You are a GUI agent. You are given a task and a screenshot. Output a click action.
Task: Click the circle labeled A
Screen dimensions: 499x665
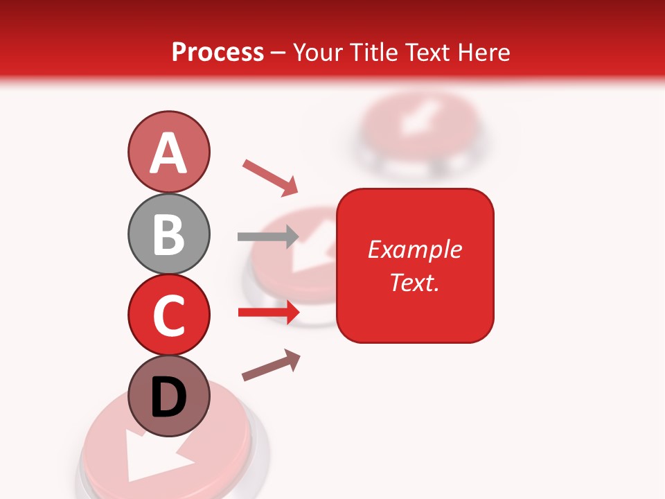click(168, 152)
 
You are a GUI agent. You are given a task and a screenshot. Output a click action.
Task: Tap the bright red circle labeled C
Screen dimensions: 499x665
click(168, 315)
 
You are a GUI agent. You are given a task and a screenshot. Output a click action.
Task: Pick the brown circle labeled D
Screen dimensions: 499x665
click(168, 396)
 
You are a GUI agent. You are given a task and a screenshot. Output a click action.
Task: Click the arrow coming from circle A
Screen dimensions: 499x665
click(270, 177)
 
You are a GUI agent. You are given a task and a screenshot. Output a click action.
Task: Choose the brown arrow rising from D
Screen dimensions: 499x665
click(271, 365)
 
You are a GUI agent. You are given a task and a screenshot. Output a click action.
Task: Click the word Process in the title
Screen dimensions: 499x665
click(218, 52)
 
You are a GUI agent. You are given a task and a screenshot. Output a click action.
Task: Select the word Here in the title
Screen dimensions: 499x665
click(484, 52)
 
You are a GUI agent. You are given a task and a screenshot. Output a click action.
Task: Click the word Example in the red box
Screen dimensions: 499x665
click(414, 249)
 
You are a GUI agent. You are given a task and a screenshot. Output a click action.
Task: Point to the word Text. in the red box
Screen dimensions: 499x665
click(414, 282)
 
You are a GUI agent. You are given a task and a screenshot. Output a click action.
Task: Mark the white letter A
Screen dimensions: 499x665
click(168, 153)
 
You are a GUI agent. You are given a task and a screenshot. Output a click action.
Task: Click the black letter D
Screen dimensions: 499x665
click(168, 399)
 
